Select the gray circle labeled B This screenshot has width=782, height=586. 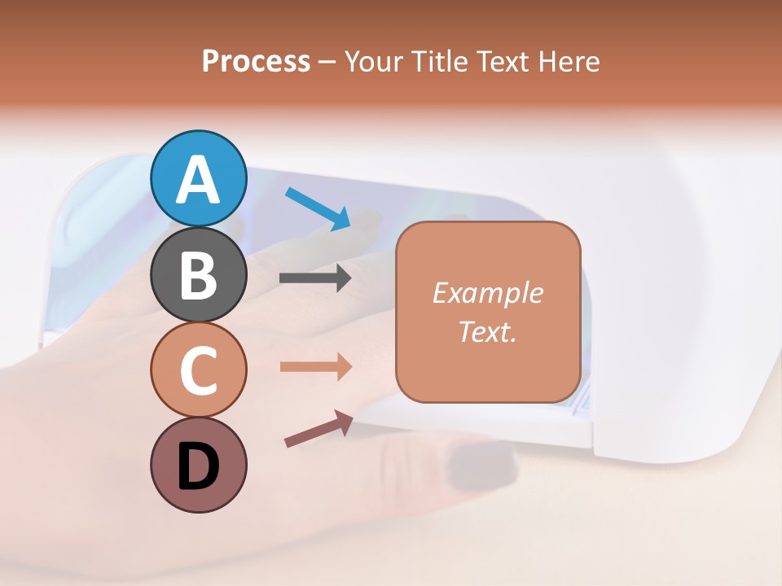[x=199, y=275]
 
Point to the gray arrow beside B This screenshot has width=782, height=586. [x=315, y=278]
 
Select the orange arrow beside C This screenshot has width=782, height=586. [x=315, y=366]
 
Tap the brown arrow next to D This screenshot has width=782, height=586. [x=318, y=429]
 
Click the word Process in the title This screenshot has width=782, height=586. [x=256, y=61]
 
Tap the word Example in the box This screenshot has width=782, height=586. [x=487, y=293]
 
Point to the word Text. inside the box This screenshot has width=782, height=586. [x=487, y=331]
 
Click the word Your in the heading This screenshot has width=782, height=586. [x=374, y=62]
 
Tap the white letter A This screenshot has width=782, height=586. [x=199, y=179]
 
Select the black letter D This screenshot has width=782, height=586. [x=199, y=466]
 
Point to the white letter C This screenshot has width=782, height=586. [x=199, y=371]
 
